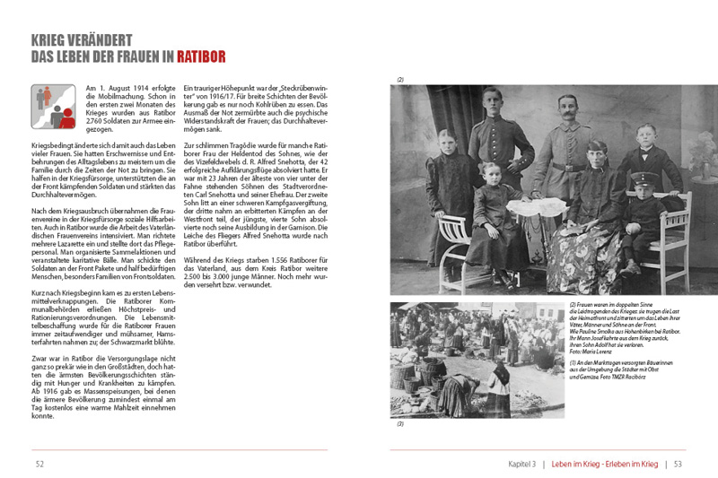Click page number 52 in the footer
(39, 464)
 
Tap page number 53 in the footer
(679, 464)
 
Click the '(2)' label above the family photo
(400, 80)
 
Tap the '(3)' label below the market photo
(400, 424)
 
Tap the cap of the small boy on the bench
(642, 179)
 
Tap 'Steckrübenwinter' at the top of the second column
(289, 88)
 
